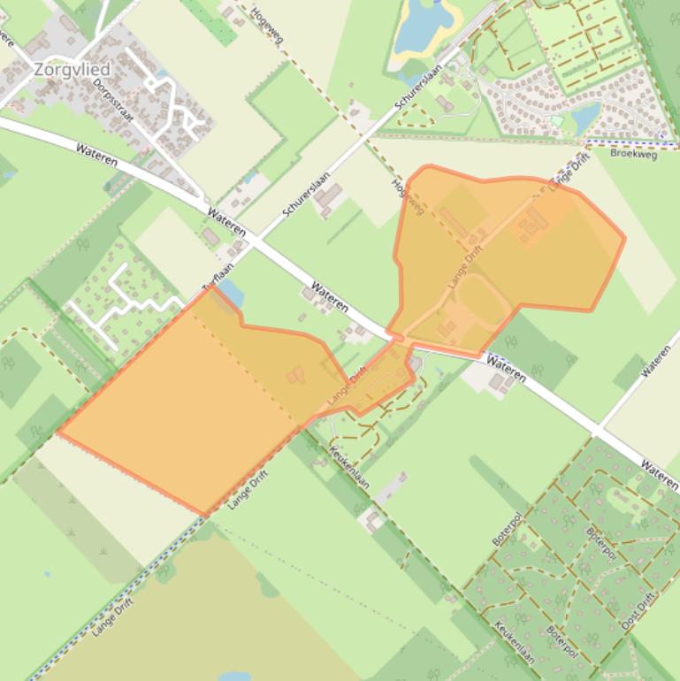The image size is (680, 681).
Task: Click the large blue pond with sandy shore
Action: pos(423,27)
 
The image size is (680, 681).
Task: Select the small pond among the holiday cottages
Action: pos(585,116)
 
